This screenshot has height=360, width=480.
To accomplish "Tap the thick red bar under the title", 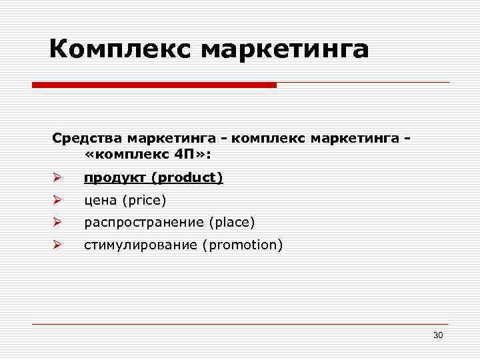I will tap(154, 85).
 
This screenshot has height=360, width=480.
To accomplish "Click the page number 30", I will tap(438, 335).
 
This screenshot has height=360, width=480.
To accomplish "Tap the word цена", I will tap(99, 201).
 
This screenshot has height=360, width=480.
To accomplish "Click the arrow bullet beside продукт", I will tap(57, 178).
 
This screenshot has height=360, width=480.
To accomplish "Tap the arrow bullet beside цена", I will tap(57, 200).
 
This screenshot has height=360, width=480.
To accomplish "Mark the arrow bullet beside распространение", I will tap(57, 223).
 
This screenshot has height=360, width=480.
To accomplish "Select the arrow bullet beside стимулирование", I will tap(57, 245).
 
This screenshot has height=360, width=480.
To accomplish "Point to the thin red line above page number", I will tap(240, 325).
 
